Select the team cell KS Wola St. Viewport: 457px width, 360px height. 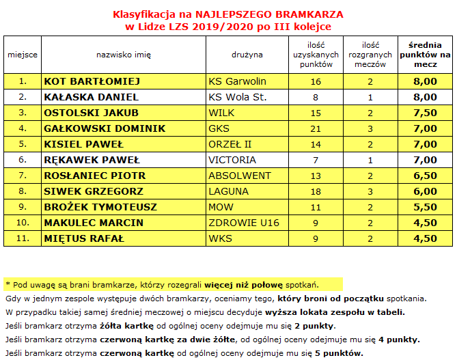(237, 97)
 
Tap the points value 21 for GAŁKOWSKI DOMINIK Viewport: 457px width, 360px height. (316, 128)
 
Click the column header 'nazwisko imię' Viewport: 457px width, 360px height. (124, 53)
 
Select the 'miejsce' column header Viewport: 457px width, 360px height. (23, 53)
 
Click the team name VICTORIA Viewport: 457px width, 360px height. (232, 160)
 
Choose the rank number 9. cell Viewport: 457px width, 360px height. (23, 207)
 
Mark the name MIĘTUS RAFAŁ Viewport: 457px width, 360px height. (83, 238)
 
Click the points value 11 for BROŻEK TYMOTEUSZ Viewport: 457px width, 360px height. (316, 207)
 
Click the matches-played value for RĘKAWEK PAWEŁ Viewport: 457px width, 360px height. (370, 160)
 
